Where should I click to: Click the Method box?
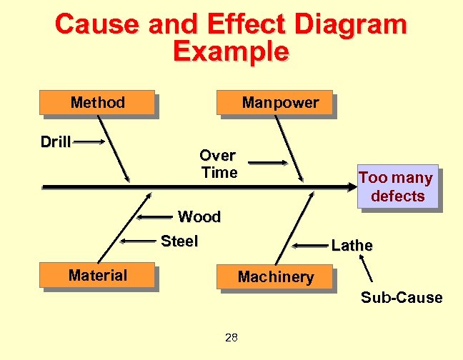tap(98, 103)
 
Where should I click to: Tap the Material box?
tap(98, 276)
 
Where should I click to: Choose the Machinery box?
tap(275, 277)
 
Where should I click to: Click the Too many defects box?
tap(397, 187)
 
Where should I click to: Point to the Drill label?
tap(56, 142)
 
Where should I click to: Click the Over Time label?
tap(218, 164)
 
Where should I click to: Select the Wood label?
tap(199, 216)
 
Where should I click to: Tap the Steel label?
tap(179, 241)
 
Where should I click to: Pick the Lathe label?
tap(352, 246)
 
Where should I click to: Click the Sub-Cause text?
tap(401, 298)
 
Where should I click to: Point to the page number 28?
tap(231, 338)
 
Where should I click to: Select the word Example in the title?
tap(231, 51)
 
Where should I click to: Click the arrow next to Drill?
tap(90, 142)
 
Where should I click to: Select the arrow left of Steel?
tap(140, 241)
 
